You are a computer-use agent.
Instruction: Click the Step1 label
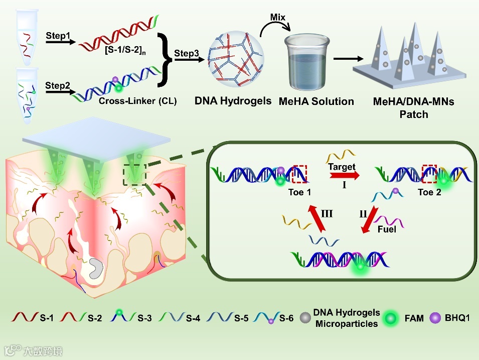click(x=58, y=36)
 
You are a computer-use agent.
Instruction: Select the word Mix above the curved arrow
click(x=277, y=18)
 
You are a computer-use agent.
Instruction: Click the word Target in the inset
click(x=341, y=167)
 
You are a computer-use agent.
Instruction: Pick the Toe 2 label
click(x=429, y=192)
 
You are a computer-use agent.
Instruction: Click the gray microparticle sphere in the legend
click(x=304, y=318)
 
